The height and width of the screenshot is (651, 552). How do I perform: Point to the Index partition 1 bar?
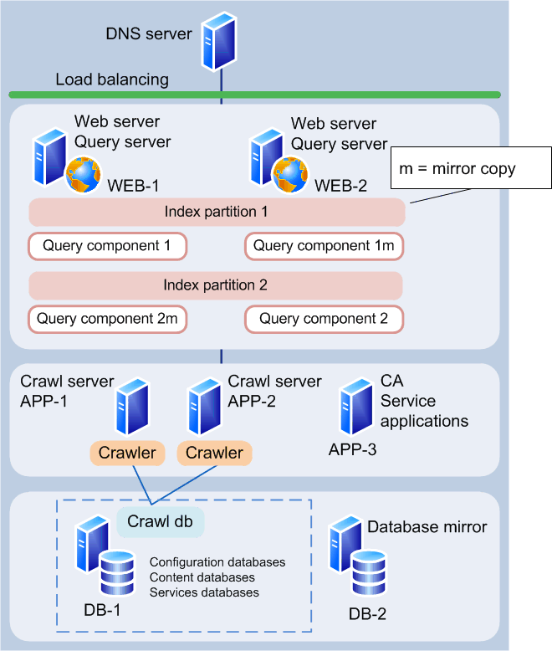(x=217, y=213)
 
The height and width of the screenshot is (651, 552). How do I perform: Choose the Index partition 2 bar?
(x=216, y=285)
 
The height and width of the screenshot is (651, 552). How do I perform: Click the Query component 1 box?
(x=107, y=246)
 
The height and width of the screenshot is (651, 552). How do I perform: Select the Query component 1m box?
(x=324, y=246)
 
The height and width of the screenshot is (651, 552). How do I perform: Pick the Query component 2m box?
(x=107, y=319)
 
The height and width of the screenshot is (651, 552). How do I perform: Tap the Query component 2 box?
(x=324, y=319)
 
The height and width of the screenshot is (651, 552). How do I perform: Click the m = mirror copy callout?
(x=472, y=169)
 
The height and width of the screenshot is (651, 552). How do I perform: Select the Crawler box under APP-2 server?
(x=215, y=453)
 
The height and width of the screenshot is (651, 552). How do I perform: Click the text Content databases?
(x=202, y=577)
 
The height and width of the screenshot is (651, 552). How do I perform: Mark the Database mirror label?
(x=427, y=527)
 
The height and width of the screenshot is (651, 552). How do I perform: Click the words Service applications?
(x=424, y=411)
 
